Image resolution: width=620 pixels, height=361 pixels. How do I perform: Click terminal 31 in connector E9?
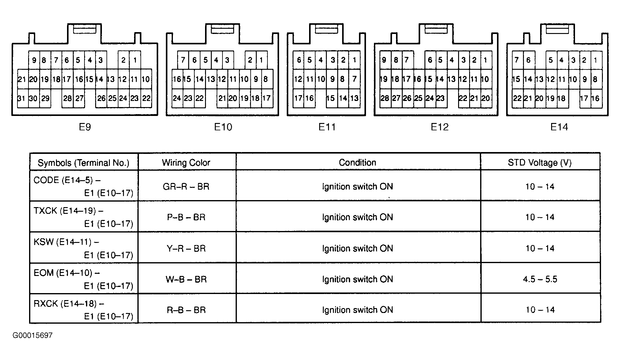[x=21, y=98]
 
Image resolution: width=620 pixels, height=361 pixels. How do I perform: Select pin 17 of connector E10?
[x=267, y=98]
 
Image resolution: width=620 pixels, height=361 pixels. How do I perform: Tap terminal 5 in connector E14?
[x=551, y=60]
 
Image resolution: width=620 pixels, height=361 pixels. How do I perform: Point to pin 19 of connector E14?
[x=551, y=98]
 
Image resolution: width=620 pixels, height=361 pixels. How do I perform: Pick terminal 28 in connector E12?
[x=385, y=98]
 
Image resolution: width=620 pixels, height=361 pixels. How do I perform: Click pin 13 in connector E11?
[x=354, y=98]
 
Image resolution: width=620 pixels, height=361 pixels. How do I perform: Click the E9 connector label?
[x=85, y=127]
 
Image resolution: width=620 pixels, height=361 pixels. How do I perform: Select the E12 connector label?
[x=439, y=127]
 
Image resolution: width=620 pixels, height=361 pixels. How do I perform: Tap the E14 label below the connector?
[x=559, y=127]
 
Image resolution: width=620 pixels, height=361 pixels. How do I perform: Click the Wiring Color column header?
[x=186, y=162]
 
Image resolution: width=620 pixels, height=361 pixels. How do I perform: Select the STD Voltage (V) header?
[x=540, y=162]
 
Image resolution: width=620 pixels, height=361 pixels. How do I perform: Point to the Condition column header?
[x=357, y=162]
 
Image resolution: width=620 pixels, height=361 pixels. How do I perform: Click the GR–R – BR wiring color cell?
[x=186, y=187]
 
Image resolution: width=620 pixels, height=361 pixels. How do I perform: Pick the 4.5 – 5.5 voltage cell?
[x=540, y=279]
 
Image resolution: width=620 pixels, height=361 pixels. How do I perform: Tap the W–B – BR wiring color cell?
[x=186, y=279]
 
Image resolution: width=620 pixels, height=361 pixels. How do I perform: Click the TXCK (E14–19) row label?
[x=68, y=211]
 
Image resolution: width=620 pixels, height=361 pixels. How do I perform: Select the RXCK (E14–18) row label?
[x=69, y=303]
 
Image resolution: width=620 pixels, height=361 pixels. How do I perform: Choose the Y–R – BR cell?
[x=186, y=248]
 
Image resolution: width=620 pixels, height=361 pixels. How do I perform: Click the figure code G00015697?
[x=32, y=335]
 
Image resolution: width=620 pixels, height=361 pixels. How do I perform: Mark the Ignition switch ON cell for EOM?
[x=357, y=279]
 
